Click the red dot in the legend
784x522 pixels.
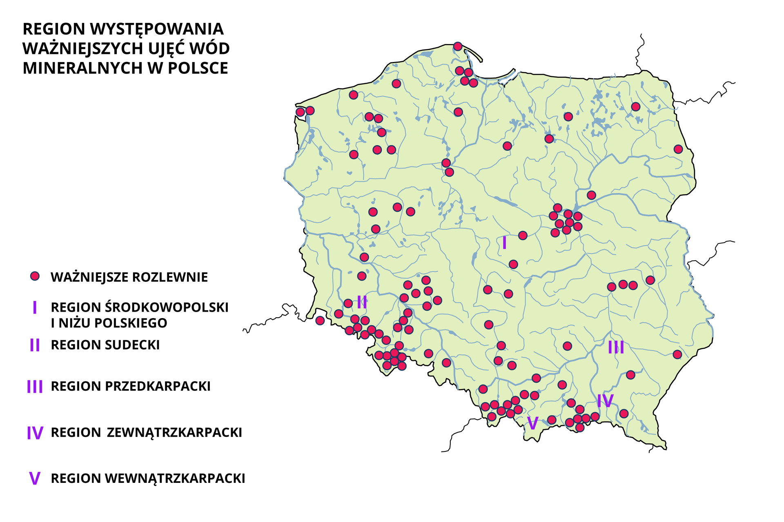35,276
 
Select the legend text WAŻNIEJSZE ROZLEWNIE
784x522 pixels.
129,277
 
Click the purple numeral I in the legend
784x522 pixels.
35,307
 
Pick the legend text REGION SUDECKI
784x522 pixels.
105,345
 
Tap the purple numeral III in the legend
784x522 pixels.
35,387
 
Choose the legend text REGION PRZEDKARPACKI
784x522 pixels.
130,387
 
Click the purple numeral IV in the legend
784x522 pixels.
35,433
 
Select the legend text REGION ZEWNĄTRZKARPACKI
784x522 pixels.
146,433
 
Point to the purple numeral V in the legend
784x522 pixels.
35,478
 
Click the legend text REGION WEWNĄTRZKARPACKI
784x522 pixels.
148,478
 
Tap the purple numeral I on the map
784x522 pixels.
505,243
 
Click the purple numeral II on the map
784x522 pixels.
362,303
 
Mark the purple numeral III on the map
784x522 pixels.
616,347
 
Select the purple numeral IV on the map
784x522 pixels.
605,401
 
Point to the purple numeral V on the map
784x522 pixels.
532,424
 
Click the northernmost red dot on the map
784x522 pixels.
458,46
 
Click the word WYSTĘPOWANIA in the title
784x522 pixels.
156,29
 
